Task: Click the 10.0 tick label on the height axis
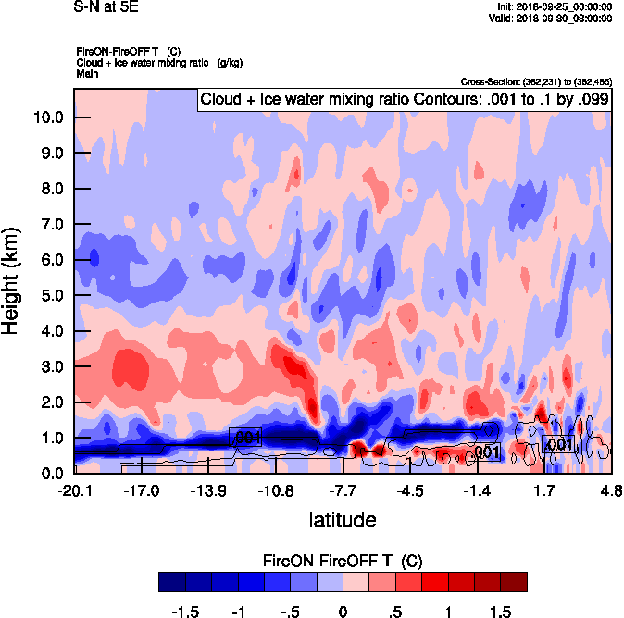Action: (x=47, y=117)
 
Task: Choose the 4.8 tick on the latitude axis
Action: (x=610, y=489)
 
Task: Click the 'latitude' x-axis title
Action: (x=343, y=519)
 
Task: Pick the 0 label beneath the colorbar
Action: (x=343, y=612)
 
